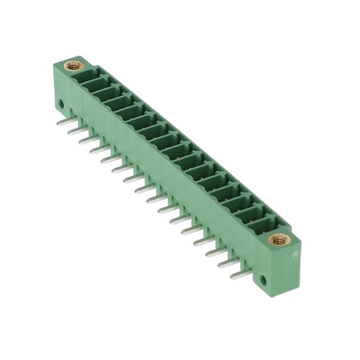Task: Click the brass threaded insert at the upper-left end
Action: click(74, 65)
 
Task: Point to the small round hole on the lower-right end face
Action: click(263, 278)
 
